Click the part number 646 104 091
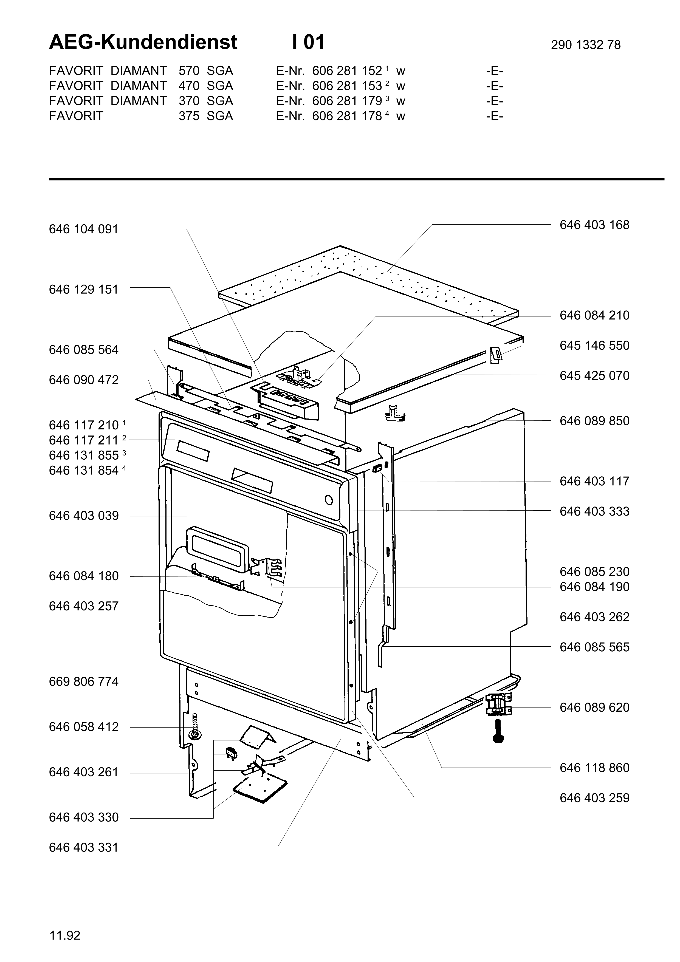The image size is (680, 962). pyautogui.click(x=84, y=229)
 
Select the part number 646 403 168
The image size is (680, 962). pyautogui.click(x=594, y=225)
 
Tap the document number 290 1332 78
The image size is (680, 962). pyautogui.click(x=586, y=45)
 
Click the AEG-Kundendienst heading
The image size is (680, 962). pyautogui.click(x=143, y=42)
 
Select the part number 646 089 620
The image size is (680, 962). pyautogui.click(x=594, y=708)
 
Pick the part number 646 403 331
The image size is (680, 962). pyautogui.click(x=84, y=848)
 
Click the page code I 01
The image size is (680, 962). pyautogui.click(x=308, y=42)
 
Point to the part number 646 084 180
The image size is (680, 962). pyautogui.click(x=84, y=576)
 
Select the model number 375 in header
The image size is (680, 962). pyautogui.click(x=189, y=116)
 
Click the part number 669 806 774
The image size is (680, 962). pyautogui.click(x=84, y=682)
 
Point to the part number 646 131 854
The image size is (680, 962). pyautogui.click(x=84, y=471)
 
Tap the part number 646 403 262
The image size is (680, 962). pyautogui.click(x=594, y=617)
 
